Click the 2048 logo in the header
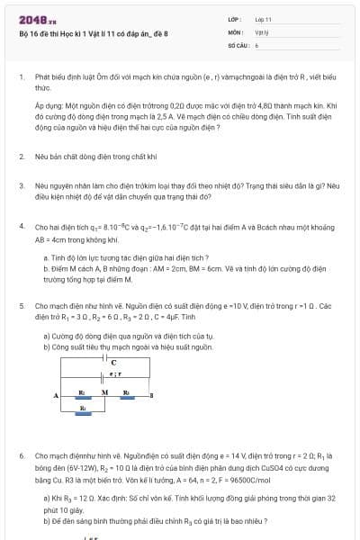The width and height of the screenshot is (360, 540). pyautogui.click(x=37, y=20)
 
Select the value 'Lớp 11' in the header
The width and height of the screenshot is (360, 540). pyautogui.click(x=263, y=19)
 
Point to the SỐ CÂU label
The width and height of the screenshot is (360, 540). pyautogui.click(x=237, y=44)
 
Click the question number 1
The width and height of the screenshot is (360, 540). pyautogui.click(x=22, y=78)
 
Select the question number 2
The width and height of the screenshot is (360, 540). pyautogui.click(x=22, y=157)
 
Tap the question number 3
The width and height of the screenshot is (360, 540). pyautogui.click(x=22, y=184)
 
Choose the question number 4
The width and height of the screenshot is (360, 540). pyautogui.click(x=22, y=229)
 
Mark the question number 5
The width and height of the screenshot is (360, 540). pyautogui.click(x=22, y=306)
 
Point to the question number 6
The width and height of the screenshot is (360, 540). pyautogui.click(x=22, y=457)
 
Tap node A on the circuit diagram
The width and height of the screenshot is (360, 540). pyautogui.click(x=55, y=396)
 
